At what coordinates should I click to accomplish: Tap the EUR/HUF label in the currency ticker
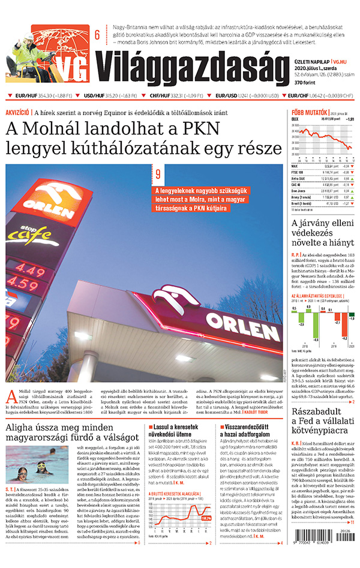(x=26, y=95)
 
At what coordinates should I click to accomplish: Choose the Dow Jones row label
(x=299, y=190)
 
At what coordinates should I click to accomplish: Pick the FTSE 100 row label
(x=298, y=172)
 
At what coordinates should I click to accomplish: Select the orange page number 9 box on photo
(x=157, y=175)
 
